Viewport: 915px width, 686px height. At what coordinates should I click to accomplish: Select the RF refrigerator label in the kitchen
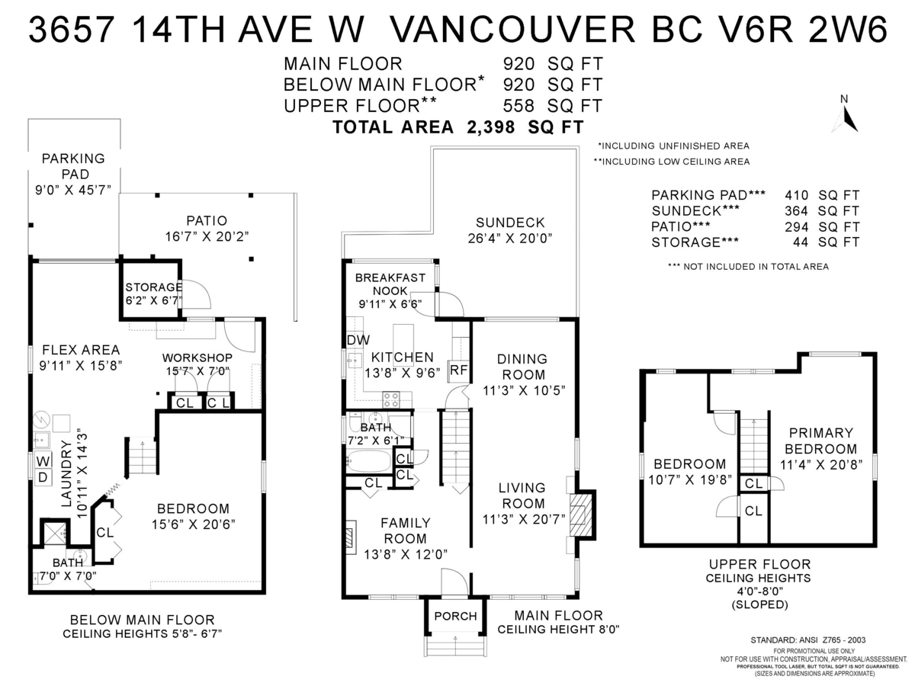click(458, 370)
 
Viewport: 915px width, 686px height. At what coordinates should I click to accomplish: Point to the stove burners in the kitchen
click(391, 397)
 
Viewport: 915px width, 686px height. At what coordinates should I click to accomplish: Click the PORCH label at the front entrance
click(455, 616)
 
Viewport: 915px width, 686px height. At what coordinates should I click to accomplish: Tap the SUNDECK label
click(510, 223)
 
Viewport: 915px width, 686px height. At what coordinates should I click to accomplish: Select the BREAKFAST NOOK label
click(390, 284)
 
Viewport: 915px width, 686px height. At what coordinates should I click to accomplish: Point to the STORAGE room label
click(153, 287)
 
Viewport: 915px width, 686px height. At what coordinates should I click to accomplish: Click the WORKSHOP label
click(197, 357)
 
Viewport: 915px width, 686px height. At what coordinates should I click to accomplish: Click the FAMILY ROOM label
click(405, 531)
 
